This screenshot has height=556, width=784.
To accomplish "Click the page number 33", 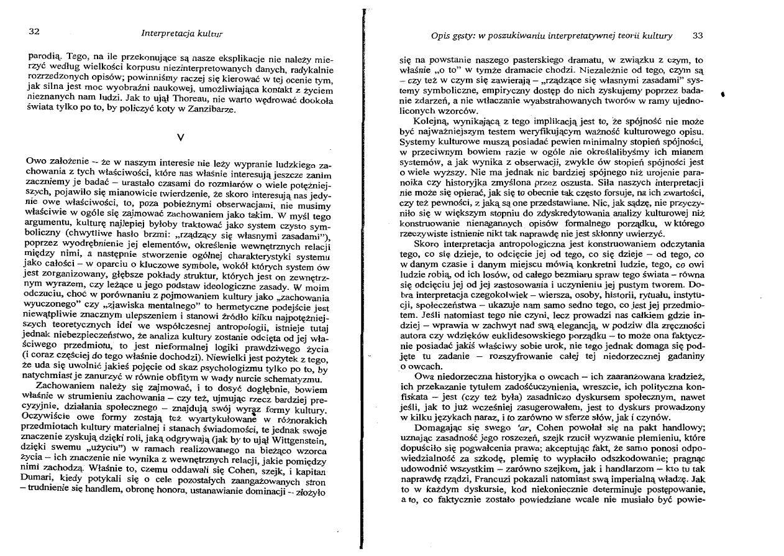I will [698, 36].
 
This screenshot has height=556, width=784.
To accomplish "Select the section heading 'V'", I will [179, 136].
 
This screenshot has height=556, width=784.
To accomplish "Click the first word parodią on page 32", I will [43, 58].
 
